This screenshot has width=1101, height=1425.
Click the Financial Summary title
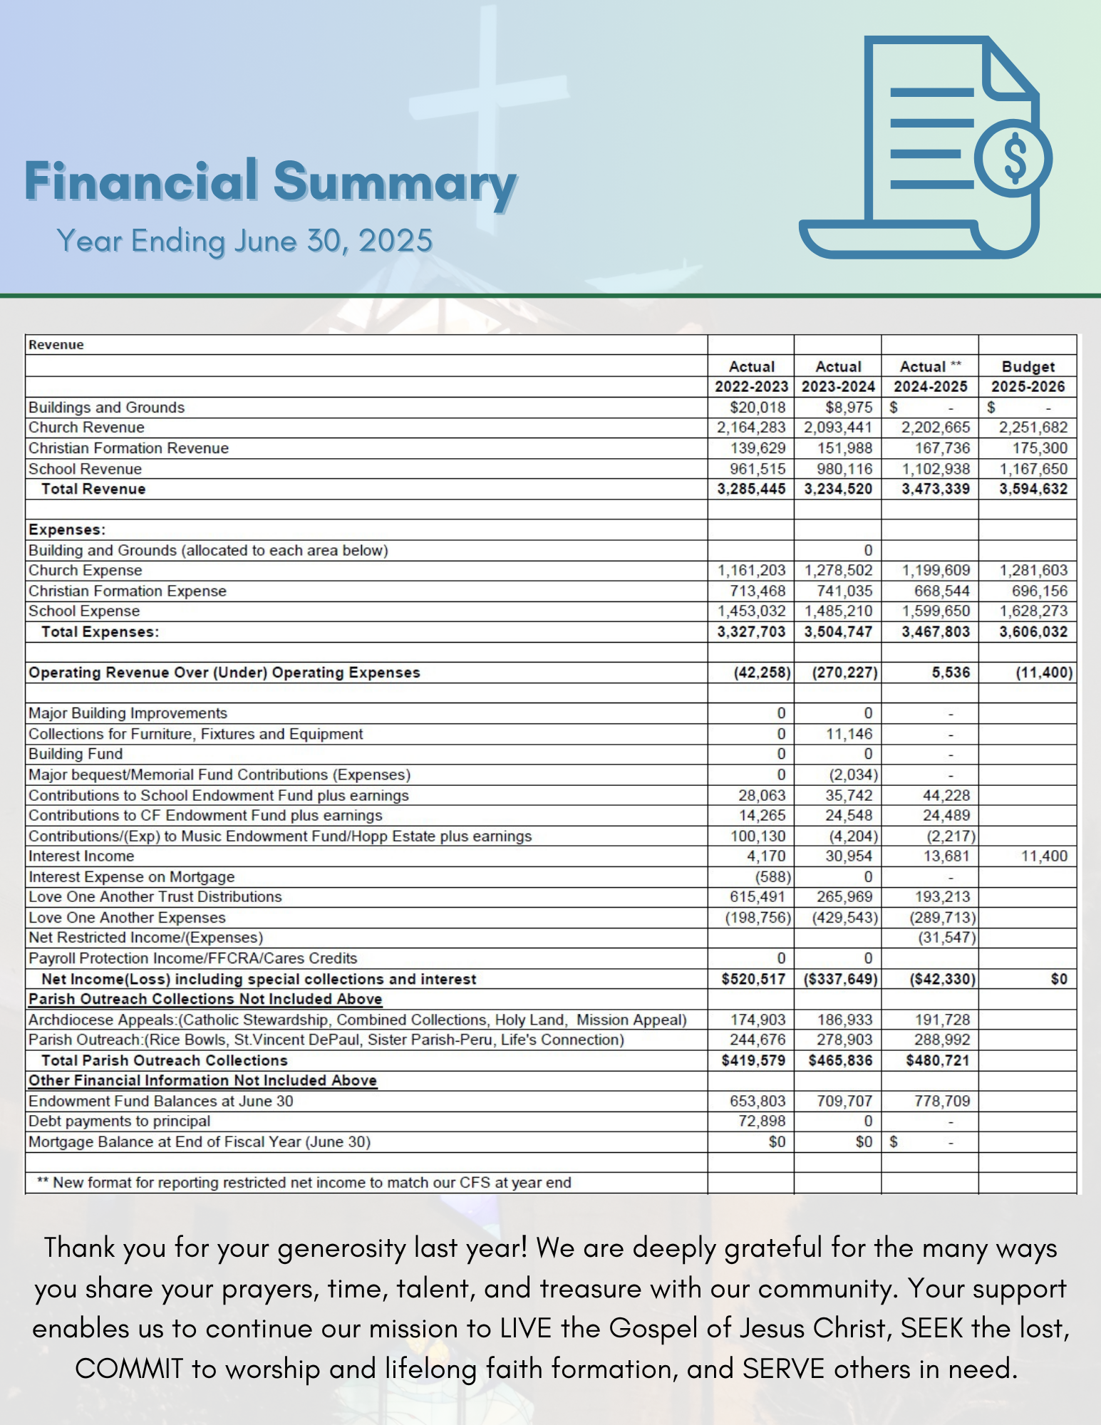point(271,182)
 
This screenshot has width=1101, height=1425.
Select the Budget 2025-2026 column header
point(1028,376)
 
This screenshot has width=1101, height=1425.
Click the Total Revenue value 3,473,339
point(936,489)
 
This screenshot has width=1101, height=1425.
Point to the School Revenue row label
point(85,469)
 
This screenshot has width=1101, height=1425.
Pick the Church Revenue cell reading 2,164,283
point(751,427)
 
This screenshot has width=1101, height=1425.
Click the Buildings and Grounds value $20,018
point(758,407)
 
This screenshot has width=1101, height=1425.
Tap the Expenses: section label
point(67,529)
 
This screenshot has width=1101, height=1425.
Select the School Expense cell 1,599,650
point(936,611)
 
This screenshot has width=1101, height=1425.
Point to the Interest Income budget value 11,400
point(1044,856)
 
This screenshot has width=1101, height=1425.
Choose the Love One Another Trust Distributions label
point(155,896)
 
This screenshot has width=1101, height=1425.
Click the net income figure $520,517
point(753,979)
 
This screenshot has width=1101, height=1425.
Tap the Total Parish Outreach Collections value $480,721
point(938,1060)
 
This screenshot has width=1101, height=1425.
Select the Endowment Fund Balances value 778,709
point(942,1101)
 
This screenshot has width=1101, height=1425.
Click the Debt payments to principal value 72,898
point(762,1121)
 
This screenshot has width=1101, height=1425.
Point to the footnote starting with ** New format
point(304,1183)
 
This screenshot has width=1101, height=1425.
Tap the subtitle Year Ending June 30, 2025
point(244,241)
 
